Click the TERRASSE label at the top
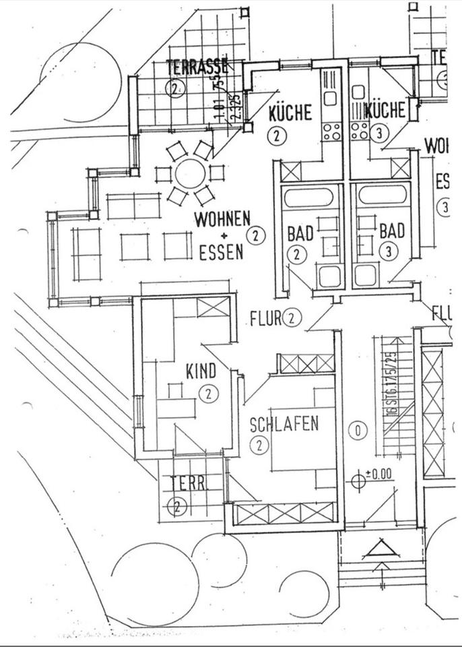click(197, 67)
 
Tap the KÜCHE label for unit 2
click(290, 111)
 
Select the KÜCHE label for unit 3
click(385, 110)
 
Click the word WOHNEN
click(222, 220)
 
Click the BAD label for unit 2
click(300, 234)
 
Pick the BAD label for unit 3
click(392, 231)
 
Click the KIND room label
click(201, 371)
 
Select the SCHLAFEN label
click(284, 425)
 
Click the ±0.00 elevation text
click(378, 474)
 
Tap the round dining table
click(191, 174)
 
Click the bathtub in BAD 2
click(307, 197)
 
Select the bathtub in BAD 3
click(382, 195)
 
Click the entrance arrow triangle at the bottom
click(381, 551)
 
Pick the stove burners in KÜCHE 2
click(331, 131)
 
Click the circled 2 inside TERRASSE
click(175, 88)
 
